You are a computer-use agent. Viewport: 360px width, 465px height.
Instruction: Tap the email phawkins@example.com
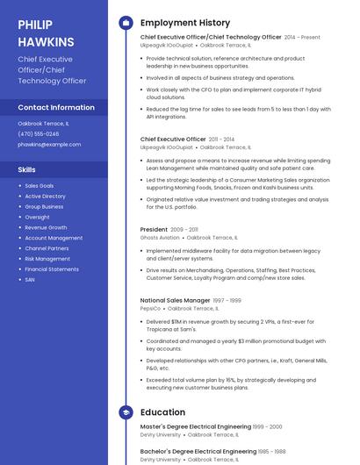(49, 144)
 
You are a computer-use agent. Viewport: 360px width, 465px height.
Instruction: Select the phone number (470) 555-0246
(39, 134)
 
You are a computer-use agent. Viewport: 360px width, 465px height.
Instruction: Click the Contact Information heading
(56, 108)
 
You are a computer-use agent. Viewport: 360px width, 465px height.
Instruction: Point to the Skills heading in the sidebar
(27, 169)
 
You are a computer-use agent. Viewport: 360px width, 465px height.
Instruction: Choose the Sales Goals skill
(40, 186)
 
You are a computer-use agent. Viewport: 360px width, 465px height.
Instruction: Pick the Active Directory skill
(45, 197)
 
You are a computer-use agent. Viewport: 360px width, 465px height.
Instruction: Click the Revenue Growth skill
(46, 227)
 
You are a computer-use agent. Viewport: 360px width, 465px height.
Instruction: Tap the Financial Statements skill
(52, 269)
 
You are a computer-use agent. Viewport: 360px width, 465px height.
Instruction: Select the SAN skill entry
(30, 280)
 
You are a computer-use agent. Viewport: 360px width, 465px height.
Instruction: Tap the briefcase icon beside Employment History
(126, 23)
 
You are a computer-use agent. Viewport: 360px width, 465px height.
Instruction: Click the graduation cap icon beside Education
(126, 412)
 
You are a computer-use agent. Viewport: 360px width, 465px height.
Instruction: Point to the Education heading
(162, 412)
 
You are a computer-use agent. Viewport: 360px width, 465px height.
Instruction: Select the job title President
(154, 229)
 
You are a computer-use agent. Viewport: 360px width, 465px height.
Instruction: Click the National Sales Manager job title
(175, 300)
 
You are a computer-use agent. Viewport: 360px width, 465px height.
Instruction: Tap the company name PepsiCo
(151, 309)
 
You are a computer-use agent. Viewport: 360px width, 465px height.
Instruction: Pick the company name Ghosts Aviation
(160, 238)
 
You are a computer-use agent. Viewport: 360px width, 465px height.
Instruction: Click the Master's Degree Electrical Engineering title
(195, 426)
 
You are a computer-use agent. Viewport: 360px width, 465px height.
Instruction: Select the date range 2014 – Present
(302, 38)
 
